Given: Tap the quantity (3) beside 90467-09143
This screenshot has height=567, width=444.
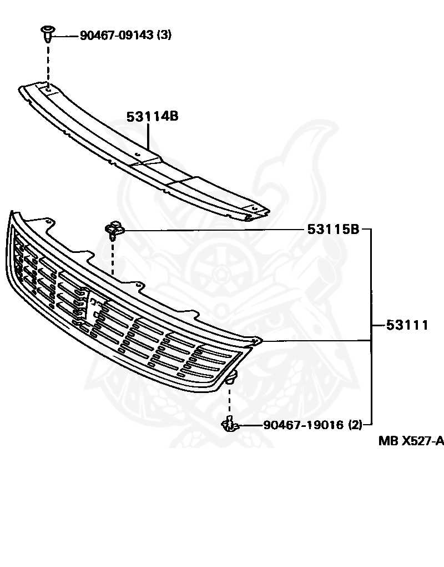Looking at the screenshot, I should pyautogui.click(x=164, y=36).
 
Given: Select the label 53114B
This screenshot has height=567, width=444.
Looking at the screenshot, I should pyautogui.click(x=152, y=117).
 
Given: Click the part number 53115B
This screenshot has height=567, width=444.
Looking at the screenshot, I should pyautogui.click(x=334, y=229).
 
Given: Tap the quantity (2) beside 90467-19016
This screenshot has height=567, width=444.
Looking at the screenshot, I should pyautogui.click(x=355, y=425).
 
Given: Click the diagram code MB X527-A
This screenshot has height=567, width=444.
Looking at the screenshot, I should pyautogui.click(x=411, y=441).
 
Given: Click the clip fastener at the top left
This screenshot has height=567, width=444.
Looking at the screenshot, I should pyautogui.click(x=47, y=33).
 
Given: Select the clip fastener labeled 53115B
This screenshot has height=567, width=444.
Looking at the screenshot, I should pyautogui.click(x=114, y=228).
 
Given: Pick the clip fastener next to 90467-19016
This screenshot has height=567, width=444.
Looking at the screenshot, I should pyautogui.click(x=229, y=425).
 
